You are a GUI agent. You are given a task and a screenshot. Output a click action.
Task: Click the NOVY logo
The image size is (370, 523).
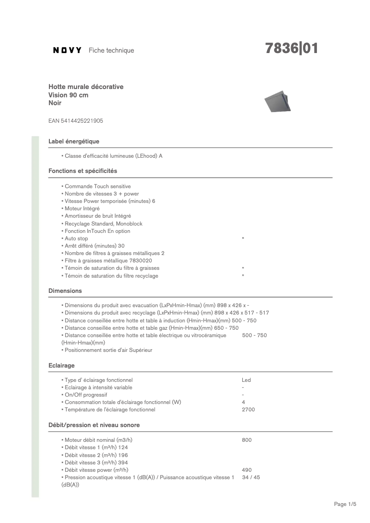(x=67, y=50)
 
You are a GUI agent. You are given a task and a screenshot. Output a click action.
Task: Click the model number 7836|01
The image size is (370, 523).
(x=291, y=49)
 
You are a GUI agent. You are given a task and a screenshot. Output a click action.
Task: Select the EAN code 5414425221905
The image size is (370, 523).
(x=76, y=121)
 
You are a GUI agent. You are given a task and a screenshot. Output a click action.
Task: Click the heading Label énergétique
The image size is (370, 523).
(x=74, y=141)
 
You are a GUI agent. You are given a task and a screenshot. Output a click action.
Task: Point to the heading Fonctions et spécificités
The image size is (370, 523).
(x=83, y=171)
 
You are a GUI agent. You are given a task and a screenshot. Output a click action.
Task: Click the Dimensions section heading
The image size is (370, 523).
(x=65, y=291)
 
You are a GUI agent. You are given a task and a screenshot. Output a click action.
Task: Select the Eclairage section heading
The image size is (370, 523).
(x=61, y=365)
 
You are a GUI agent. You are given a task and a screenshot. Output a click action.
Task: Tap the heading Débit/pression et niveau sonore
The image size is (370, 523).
(x=94, y=425)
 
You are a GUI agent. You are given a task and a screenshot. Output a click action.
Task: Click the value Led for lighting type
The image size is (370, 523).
(x=246, y=380)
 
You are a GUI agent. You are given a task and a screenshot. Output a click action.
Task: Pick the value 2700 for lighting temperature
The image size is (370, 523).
(x=248, y=410)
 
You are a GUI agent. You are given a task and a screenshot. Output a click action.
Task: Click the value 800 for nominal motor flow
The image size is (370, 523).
(x=247, y=440)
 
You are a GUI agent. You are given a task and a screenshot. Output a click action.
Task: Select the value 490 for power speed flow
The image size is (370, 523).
(x=247, y=470)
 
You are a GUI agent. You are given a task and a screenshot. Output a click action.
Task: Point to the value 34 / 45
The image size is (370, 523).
(x=251, y=477)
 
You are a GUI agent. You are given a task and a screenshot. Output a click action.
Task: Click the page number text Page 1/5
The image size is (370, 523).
(x=345, y=504)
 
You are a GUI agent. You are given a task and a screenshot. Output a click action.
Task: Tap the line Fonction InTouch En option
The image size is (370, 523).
(x=97, y=231)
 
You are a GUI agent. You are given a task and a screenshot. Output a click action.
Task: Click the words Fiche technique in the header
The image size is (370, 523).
(x=111, y=50)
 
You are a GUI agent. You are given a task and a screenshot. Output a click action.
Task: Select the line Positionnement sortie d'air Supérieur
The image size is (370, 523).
(x=108, y=350)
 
